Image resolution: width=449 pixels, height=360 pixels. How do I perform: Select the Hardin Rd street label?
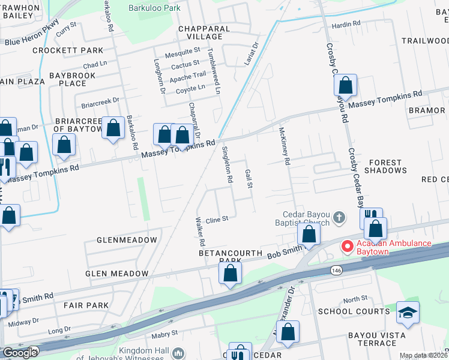pyautogui.click(x=347, y=24)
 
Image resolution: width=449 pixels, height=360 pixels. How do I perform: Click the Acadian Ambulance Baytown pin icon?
pyautogui.click(x=346, y=247)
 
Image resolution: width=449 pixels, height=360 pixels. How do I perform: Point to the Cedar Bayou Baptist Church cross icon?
pyautogui.click(x=339, y=217)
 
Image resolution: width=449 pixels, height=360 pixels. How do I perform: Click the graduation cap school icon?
pyautogui.click(x=408, y=313)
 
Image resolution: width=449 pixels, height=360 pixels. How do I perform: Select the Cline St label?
pyautogui.click(x=217, y=220)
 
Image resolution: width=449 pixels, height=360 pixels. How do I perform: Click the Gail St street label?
pyautogui.click(x=247, y=178)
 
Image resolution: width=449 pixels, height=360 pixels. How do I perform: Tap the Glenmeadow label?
pyautogui.click(x=127, y=240)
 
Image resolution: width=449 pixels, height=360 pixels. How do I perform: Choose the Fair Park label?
pyautogui.click(x=88, y=305)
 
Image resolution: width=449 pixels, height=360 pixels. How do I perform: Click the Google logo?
pyautogui.click(x=20, y=352)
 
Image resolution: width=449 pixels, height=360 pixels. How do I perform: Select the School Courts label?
pyautogui.click(x=354, y=311)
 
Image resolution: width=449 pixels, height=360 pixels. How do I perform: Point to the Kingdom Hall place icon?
pyautogui.click(x=178, y=353)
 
